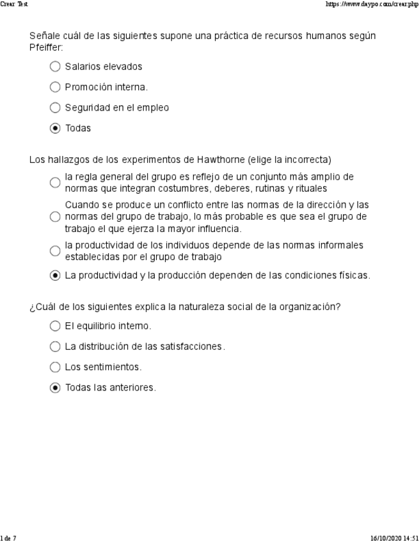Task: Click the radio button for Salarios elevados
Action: (55, 66)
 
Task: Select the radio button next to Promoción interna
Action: (55, 87)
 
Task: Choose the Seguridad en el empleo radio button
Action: (55, 108)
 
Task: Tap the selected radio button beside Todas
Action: (55, 128)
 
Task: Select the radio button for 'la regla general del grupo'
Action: (55, 183)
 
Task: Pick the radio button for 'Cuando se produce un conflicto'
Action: (55, 217)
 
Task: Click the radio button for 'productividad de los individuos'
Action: (55, 251)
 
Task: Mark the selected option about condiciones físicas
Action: (55, 276)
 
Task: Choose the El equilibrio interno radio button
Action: (55, 326)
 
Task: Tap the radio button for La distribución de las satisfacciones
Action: (55, 346)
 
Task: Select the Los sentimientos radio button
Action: (55, 368)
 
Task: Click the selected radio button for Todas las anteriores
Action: (55, 388)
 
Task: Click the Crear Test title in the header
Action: (14, 4)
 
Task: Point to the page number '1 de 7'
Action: (8, 538)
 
